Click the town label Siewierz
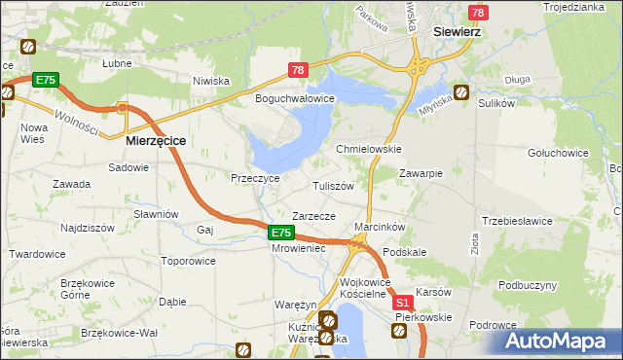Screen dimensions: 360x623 point(460,31)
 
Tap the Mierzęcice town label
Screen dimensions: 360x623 point(156,140)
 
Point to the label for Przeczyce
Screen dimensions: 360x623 point(255,178)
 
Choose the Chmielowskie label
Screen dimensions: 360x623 point(369,149)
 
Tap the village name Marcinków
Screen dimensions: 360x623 point(380,227)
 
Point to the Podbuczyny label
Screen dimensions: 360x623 point(528,285)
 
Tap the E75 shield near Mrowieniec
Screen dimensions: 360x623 point(280,233)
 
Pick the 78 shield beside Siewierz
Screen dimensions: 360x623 point(477,13)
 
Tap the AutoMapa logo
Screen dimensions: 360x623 point(559,341)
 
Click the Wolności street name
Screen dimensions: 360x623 point(78,121)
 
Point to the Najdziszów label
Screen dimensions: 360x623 point(88,227)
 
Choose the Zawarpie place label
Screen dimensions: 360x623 point(421,173)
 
